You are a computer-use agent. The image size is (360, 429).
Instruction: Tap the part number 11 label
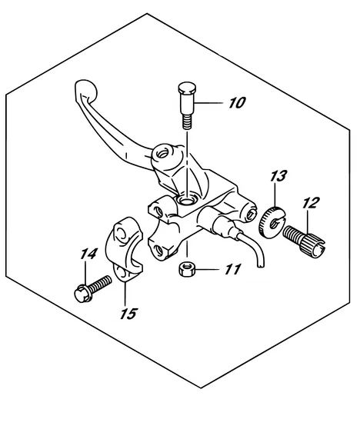(x=232, y=270)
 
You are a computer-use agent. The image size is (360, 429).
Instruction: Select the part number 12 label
(x=310, y=203)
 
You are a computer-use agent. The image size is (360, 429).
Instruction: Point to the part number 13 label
(x=278, y=177)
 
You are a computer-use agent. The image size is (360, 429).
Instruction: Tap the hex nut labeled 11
(x=185, y=270)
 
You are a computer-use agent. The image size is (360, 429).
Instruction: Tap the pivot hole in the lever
(x=161, y=154)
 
